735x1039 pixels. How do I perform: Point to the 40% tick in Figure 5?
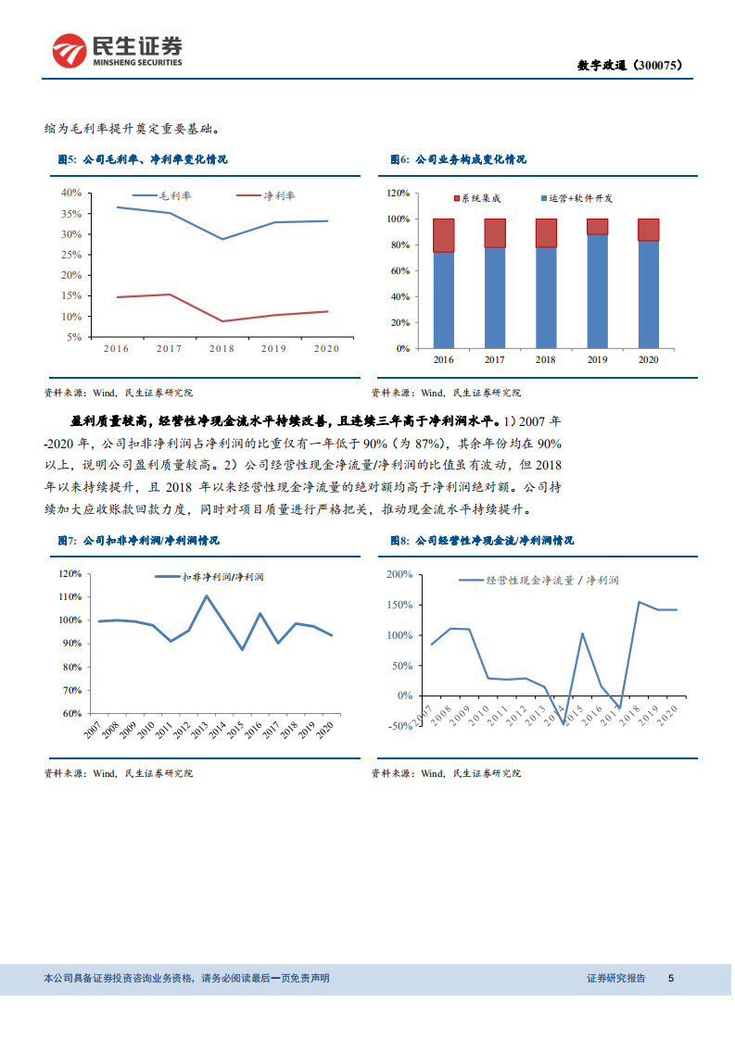coord(71,193)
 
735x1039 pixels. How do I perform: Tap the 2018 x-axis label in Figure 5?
coord(221,349)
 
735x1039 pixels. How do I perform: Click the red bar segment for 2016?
coord(443,235)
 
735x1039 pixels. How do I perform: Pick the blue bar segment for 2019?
coord(597,291)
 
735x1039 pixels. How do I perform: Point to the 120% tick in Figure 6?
coord(398,193)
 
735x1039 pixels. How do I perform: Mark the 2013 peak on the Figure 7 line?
coord(207,595)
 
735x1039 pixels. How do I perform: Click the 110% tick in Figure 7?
coord(71,596)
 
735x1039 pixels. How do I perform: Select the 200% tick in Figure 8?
coord(399,574)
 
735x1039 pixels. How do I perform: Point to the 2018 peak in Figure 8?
coord(639,602)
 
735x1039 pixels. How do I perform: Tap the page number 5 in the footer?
coord(671,979)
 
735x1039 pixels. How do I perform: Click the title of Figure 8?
coord(481,541)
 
